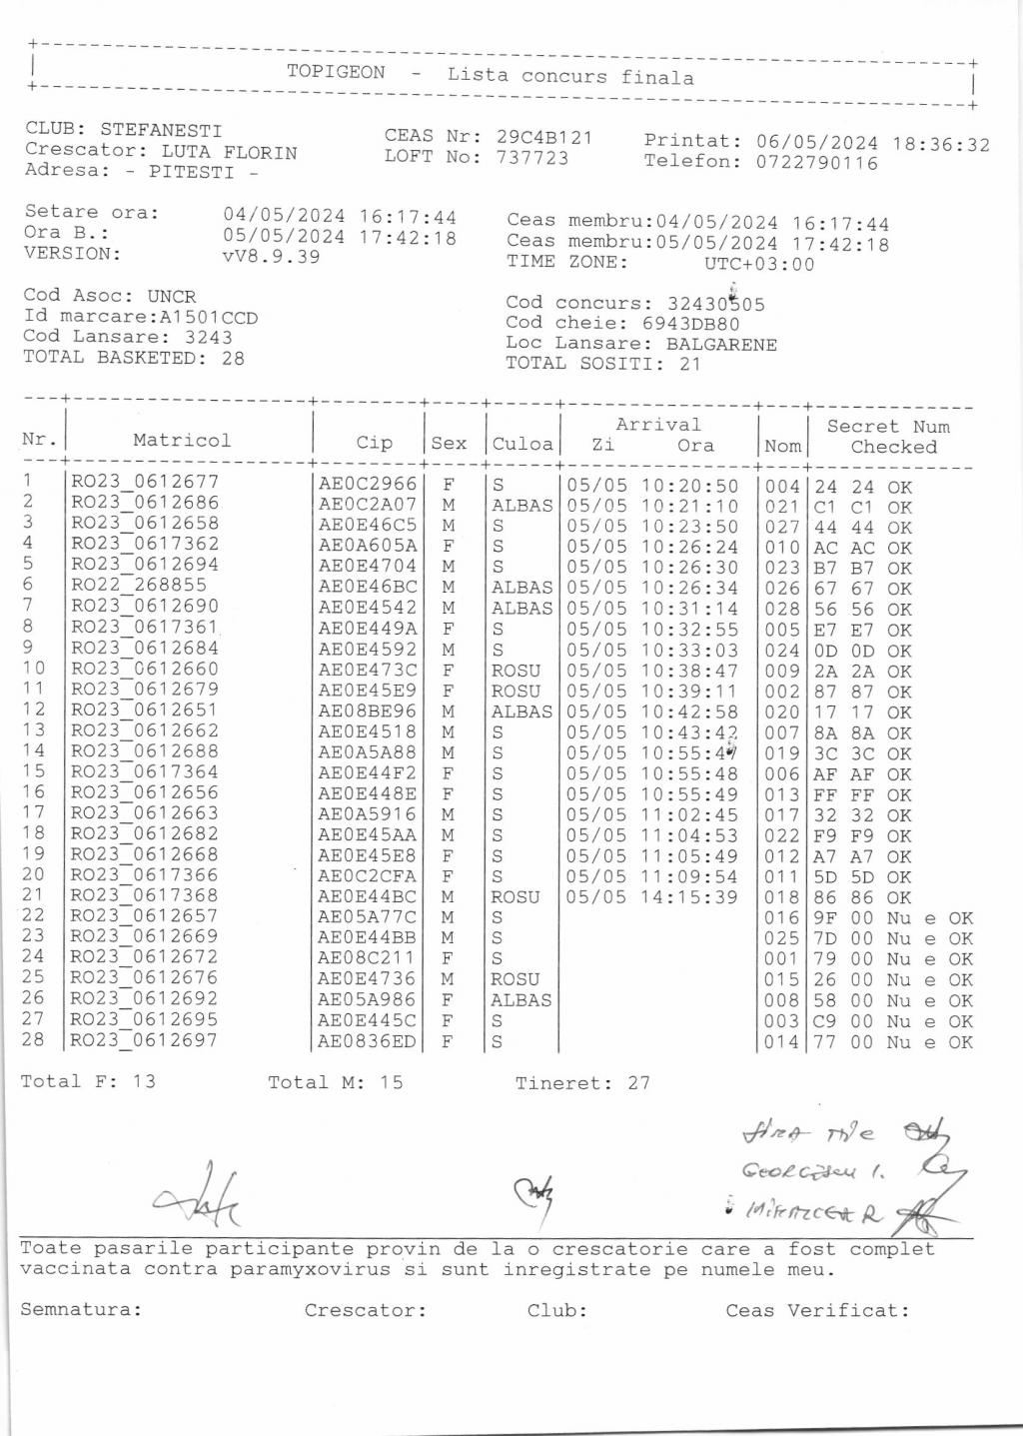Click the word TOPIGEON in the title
click(x=336, y=72)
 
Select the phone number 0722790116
click(x=817, y=163)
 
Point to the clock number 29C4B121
click(x=544, y=137)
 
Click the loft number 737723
click(x=532, y=158)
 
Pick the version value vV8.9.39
click(x=272, y=257)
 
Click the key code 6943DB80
click(x=691, y=324)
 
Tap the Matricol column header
click(x=182, y=441)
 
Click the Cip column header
click(x=375, y=443)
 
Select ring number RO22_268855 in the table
click(x=139, y=586)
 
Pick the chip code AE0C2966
click(x=367, y=484)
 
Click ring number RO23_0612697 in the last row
click(x=144, y=1040)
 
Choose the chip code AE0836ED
click(x=367, y=1041)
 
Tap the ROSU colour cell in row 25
click(x=514, y=979)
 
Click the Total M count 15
click(x=391, y=1082)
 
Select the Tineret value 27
click(x=638, y=1082)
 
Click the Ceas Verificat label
click(x=817, y=1310)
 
